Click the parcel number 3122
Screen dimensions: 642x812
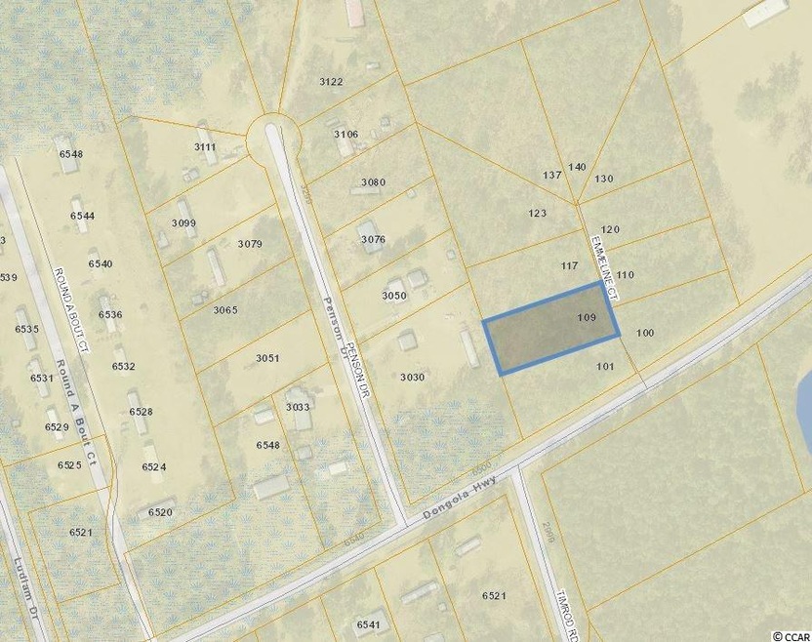[331, 82]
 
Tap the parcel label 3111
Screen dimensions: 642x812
[205, 147]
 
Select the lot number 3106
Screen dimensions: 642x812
[345, 135]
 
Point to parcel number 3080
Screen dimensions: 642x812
[373, 183]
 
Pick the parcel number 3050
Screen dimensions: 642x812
[393, 296]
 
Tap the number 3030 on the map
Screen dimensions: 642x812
[412, 377]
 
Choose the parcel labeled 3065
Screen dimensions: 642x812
[225, 310]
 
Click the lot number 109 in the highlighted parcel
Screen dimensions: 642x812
[587, 318]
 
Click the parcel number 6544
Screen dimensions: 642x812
[82, 216]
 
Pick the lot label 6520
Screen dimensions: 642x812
[160, 512]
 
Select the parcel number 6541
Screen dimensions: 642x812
[370, 624]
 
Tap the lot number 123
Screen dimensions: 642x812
[536, 214]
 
